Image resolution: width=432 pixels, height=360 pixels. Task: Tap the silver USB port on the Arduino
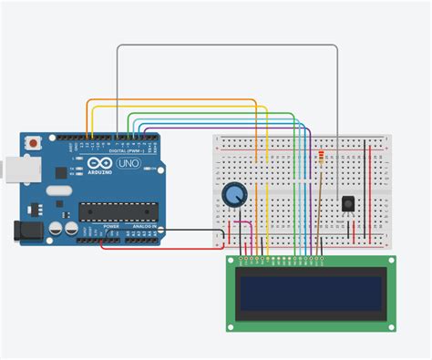11,169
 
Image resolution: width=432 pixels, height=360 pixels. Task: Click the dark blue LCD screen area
309,292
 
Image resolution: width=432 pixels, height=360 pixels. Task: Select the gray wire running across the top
228,45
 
